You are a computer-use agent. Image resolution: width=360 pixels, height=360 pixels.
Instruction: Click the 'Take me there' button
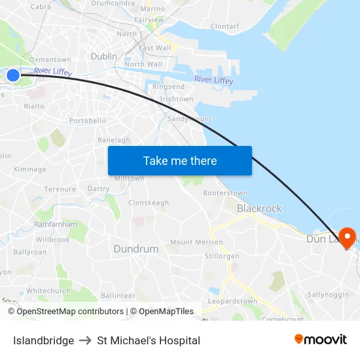point(180,160)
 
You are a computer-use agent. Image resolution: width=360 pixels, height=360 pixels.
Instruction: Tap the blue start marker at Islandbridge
point(13,76)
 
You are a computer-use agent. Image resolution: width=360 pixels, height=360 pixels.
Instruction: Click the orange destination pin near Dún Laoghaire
point(346,238)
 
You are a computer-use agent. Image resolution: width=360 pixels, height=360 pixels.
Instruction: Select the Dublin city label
point(104,57)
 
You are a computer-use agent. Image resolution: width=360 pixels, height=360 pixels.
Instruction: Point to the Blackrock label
point(259,208)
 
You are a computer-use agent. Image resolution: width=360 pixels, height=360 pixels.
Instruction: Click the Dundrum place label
point(136,249)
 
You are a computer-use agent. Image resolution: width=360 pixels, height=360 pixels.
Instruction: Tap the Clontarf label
point(225,27)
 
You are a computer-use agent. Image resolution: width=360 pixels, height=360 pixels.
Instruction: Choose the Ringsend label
point(168,86)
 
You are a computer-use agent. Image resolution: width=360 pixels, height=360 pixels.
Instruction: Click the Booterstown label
point(225,193)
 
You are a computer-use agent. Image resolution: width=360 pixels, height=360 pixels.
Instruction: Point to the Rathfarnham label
point(52,224)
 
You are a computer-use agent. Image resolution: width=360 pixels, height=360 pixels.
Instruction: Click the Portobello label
point(88,121)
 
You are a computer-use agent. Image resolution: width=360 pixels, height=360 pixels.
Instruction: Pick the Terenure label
point(60,189)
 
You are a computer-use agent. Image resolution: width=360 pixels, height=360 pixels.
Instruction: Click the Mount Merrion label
point(196,242)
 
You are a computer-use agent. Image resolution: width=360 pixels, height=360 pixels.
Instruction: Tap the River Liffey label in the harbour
point(213,80)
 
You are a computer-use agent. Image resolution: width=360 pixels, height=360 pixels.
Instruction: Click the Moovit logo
point(321,340)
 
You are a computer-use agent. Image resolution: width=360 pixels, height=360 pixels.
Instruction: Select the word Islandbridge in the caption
point(43,340)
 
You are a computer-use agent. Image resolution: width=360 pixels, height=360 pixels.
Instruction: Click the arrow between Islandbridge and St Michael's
point(85,340)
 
